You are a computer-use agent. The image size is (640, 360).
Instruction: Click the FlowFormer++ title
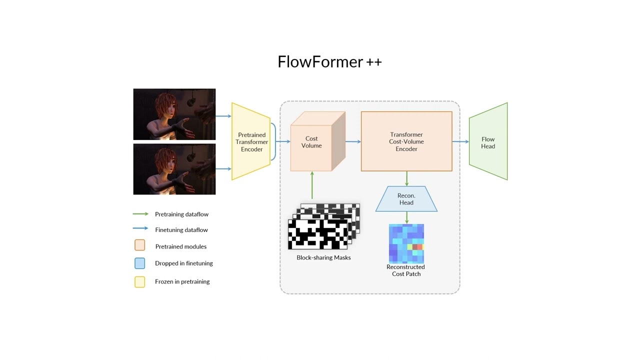coord(329,62)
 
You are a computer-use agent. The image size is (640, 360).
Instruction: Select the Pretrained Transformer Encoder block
coord(251,142)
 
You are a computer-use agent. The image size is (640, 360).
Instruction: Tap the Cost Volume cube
coord(312,142)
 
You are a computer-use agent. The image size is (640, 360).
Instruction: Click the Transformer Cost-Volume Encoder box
coord(406,142)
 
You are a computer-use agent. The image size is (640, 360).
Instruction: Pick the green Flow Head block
coord(488,142)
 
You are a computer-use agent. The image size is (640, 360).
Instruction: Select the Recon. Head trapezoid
coord(406,199)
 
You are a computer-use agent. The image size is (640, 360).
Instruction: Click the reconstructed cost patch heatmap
coord(406,243)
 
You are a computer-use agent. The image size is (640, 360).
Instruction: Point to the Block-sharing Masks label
coord(323,257)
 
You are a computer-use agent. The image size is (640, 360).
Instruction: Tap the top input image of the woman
coord(174,114)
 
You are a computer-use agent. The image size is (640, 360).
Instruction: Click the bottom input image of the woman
coord(174,169)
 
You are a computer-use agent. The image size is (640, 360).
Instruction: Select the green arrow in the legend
coord(140,214)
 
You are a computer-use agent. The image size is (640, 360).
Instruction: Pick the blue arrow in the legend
coord(140,228)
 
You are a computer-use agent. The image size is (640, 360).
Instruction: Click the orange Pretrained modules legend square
coord(139,245)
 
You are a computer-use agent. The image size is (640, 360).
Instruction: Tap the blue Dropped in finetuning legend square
coord(139,263)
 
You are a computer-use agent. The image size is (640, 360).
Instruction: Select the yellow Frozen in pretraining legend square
coord(139,282)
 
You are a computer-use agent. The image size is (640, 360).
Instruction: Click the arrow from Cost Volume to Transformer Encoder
coord(353,142)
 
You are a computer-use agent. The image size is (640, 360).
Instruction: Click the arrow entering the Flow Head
coord(460,142)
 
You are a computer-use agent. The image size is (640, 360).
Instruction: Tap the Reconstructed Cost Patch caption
coord(405,270)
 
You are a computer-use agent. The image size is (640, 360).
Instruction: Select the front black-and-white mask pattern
coord(317,234)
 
